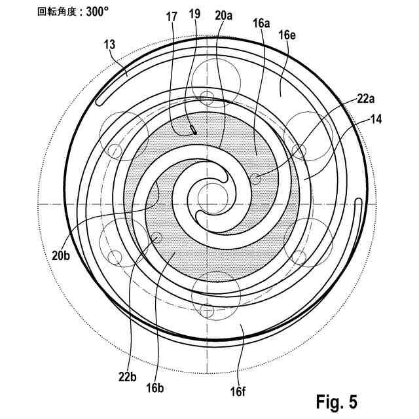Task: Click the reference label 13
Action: click(109, 45)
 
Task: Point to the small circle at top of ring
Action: click(208, 98)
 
